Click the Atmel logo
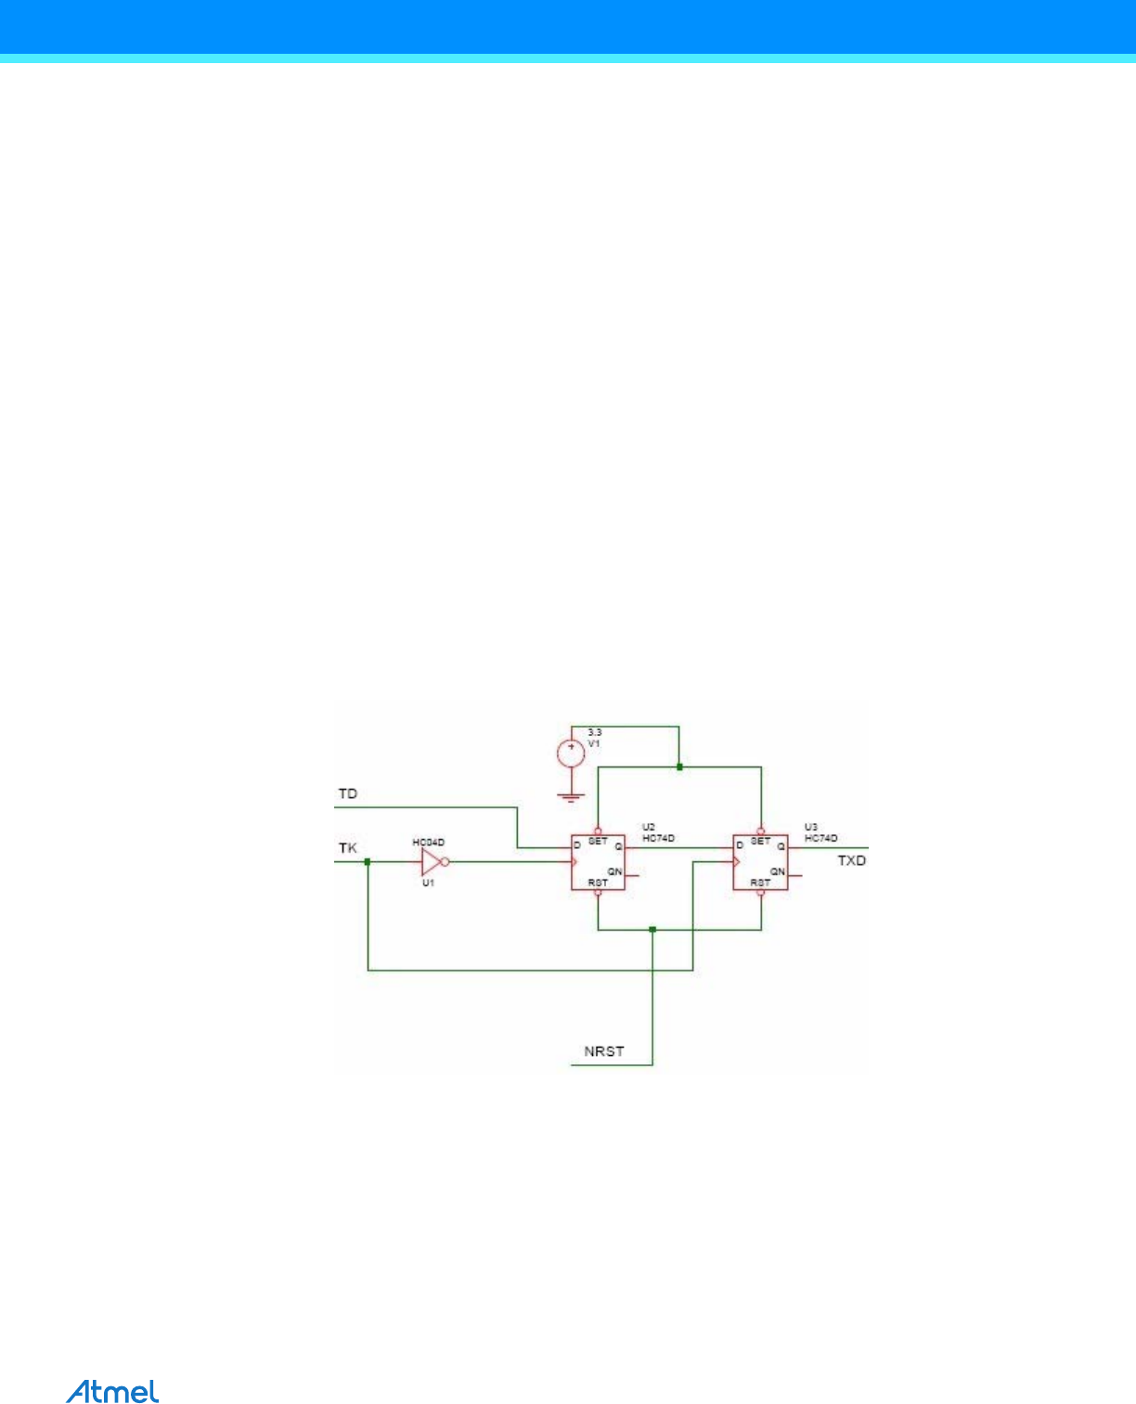point(112,1391)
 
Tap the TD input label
point(347,794)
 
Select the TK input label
point(347,848)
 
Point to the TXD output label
point(851,861)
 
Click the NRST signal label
point(604,1051)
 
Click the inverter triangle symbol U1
point(430,862)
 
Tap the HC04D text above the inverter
point(429,843)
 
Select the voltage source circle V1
point(570,753)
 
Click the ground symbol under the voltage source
point(570,795)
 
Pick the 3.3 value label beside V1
point(595,732)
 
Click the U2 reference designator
point(649,827)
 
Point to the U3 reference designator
point(811,827)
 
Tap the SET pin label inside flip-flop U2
point(598,842)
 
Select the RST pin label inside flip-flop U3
point(760,882)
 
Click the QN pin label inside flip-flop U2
point(614,871)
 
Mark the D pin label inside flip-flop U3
point(740,845)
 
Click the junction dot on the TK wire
point(368,862)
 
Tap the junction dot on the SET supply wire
point(679,767)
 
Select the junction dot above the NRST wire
point(652,929)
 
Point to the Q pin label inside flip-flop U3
point(781,846)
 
